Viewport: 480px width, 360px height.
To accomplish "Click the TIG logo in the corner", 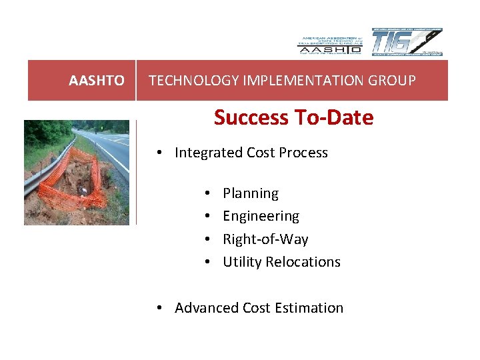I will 406,43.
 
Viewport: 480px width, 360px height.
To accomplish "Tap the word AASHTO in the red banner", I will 97,81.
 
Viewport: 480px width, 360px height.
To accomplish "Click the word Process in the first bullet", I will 304,153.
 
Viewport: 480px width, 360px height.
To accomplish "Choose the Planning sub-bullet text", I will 251,193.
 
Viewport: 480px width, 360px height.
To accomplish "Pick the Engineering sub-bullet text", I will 261,216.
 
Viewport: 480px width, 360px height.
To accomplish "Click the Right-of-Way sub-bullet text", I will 265,239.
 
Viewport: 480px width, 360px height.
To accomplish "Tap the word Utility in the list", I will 242,262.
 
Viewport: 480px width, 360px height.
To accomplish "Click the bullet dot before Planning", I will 209,193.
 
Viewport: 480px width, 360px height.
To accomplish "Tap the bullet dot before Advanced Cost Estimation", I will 161,308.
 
